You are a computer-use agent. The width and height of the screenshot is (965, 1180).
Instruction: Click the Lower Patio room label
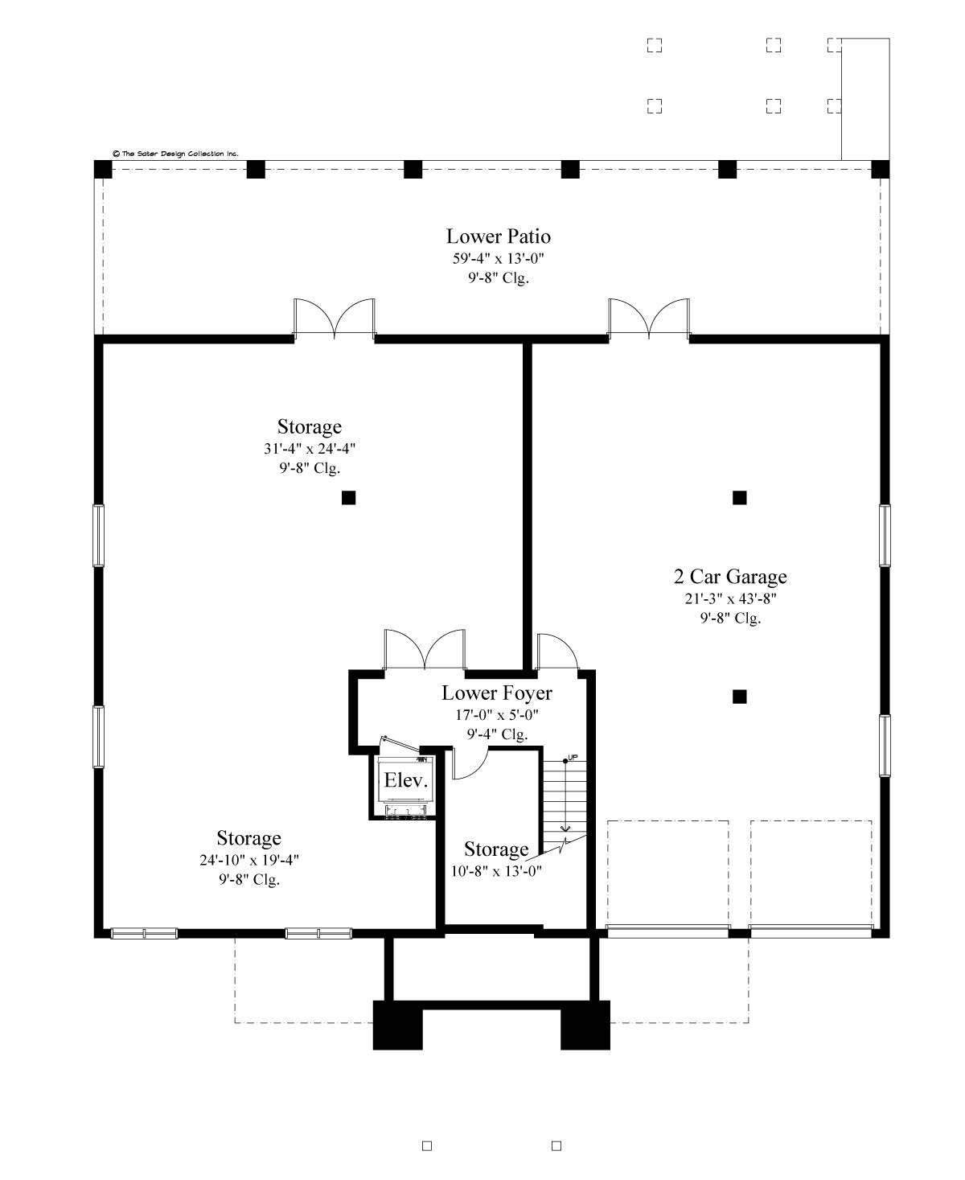[498, 236]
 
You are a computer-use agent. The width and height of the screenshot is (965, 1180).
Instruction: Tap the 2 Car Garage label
[729, 577]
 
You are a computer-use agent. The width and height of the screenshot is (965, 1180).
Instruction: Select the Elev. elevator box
[406, 780]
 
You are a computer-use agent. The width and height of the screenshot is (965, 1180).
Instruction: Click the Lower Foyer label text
[497, 693]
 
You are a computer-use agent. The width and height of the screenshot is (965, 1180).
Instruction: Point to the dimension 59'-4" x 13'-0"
[498, 258]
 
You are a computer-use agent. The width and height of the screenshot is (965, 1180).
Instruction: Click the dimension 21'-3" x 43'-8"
[729, 598]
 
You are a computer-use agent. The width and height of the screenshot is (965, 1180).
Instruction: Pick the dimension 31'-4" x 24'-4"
[309, 448]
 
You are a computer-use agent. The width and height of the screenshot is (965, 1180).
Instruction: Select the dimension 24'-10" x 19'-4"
[248, 860]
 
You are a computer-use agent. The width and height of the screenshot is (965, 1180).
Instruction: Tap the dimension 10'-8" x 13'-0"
[496, 870]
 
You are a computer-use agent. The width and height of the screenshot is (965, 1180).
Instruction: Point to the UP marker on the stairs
[572, 758]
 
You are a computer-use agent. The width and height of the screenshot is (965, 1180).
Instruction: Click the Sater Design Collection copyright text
[175, 153]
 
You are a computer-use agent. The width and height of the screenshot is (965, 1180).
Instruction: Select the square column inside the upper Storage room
[348, 498]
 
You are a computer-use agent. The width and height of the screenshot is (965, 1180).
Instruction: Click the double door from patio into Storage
[335, 319]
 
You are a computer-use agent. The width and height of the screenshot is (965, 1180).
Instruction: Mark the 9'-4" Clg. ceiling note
[497, 734]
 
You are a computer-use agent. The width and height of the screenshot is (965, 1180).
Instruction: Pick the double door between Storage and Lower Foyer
[425, 650]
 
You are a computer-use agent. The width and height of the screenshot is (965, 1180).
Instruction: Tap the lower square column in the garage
[739, 697]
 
